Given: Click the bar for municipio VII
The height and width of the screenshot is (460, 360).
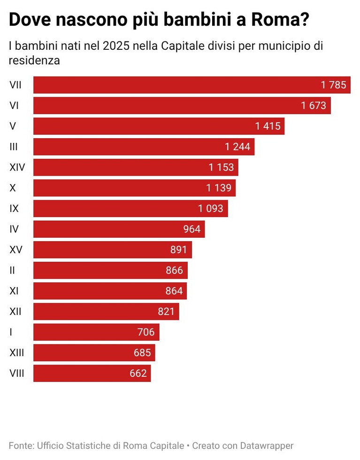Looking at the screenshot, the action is tap(192, 85).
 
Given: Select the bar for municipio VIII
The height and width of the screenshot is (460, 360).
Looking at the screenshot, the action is tap(92, 373).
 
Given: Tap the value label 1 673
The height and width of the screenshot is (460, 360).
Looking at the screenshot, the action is tap(314, 105).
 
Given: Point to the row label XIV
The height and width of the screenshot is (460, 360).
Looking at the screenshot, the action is tap(17, 167).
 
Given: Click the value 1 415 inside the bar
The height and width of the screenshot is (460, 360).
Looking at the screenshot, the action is tap(268, 126).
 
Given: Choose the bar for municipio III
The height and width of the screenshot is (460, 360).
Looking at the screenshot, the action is tap(144, 147).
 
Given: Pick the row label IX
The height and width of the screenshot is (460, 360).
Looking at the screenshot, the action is tap(14, 209).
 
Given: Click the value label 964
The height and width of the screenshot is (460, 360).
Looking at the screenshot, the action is tap(192, 229).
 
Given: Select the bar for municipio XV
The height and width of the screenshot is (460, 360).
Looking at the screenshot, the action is tap(113, 249).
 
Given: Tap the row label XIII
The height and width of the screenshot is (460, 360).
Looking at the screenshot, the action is tap(17, 352).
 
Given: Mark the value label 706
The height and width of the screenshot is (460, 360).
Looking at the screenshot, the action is tap(146, 332).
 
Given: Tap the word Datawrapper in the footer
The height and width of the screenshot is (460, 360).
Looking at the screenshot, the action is tap(267, 445).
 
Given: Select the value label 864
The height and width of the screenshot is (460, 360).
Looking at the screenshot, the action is tap(174, 291).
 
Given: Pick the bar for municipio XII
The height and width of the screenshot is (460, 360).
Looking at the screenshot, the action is tap(106, 312).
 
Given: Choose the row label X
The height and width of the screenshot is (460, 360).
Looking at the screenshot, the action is tap(13, 188).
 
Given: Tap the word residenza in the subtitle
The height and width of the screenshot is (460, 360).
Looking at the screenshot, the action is tap(34, 61).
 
